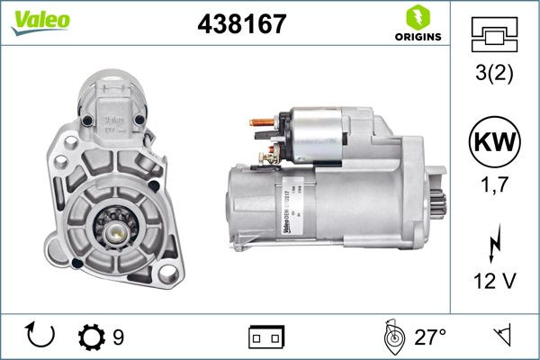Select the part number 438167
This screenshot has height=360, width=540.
236,22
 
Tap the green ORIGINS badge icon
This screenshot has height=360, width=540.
417,17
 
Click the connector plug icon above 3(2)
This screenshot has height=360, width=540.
494,33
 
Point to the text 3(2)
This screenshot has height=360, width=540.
494,74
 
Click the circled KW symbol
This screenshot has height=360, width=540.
494,141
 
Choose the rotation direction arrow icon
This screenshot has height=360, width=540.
41,337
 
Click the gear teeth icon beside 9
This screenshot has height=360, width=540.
92,337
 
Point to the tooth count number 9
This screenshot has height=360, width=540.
118,337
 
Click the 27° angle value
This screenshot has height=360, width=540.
430,337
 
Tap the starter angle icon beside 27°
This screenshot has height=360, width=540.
392,337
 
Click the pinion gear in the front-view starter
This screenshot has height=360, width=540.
118,231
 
